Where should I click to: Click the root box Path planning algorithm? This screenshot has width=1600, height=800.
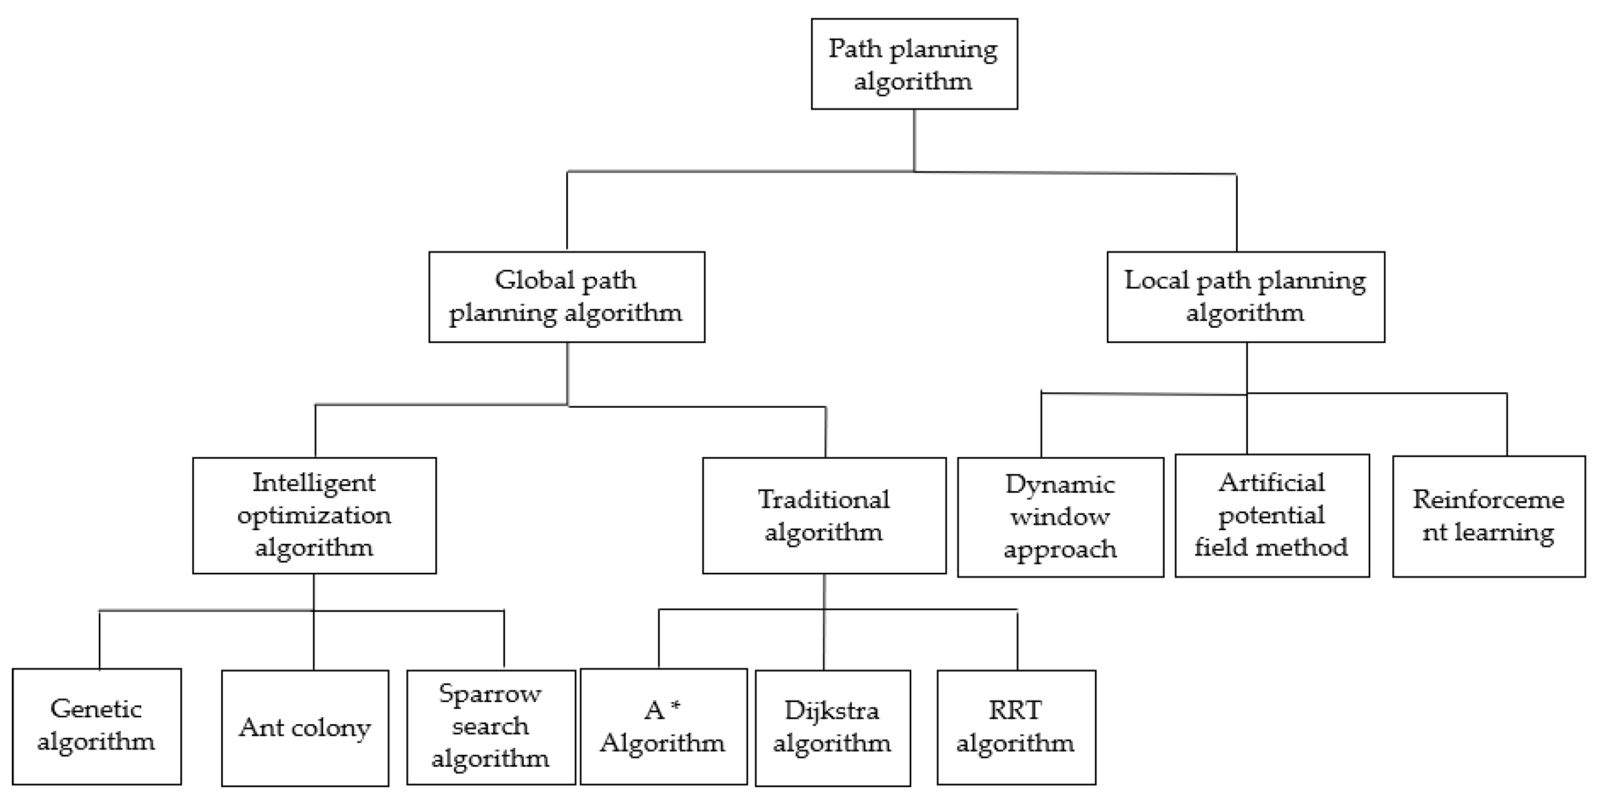[914, 64]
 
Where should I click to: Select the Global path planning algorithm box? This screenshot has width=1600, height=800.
[566, 297]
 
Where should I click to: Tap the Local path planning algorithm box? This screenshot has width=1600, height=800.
[1245, 297]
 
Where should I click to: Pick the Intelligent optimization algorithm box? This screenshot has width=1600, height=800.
[315, 515]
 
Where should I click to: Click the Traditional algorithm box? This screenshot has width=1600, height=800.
[824, 515]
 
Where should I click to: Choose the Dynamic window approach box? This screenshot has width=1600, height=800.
[1060, 517]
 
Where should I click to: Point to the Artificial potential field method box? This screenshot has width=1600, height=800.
[1272, 515]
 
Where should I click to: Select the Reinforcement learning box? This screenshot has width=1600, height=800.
[1489, 516]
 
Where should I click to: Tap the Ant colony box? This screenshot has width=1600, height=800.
[305, 727]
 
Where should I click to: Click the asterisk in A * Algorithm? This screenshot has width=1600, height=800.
[676, 706]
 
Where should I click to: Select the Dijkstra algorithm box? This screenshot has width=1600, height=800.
[832, 727]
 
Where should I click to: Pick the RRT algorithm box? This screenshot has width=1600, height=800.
[1015, 727]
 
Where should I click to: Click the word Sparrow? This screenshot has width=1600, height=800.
[490, 694]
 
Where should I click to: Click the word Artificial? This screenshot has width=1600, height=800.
[1272, 483]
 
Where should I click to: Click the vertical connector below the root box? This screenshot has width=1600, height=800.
[914, 140]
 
